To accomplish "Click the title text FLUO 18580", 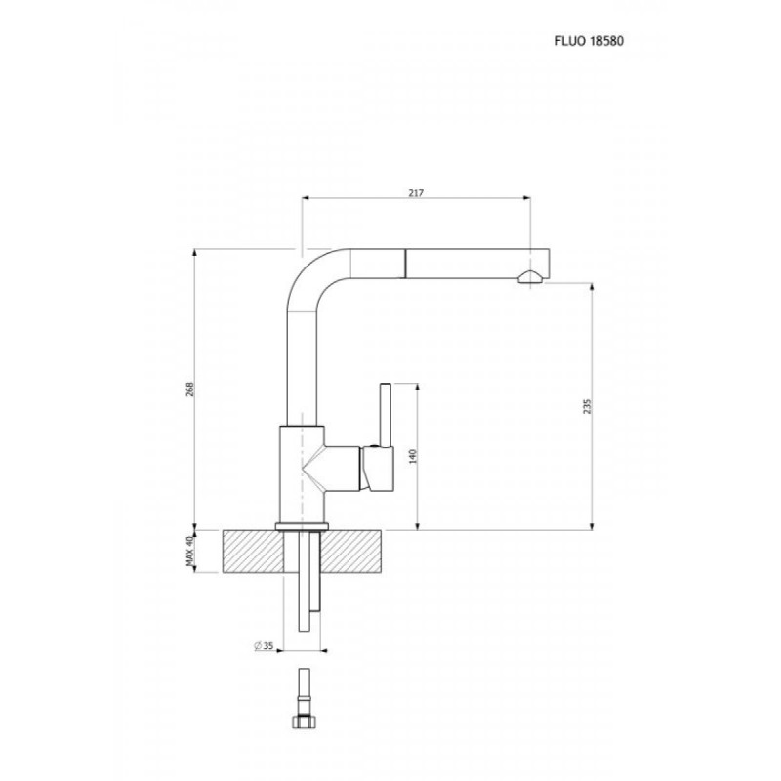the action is pyautogui.click(x=589, y=41).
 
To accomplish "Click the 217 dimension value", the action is pyautogui.click(x=416, y=192).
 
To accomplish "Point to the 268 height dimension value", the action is pyautogui.click(x=189, y=389).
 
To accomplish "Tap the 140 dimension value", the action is pyautogui.click(x=412, y=456).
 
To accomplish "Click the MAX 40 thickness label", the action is pyautogui.click(x=189, y=551).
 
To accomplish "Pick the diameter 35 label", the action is pyautogui.click(x=264, y=646).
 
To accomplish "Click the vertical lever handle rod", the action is pyautogui.click(x=385, y=415).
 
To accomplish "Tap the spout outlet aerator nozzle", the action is pyautogui.click(x=529, y=277).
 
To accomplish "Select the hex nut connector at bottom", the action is pyautogui.click(x=304, y=721).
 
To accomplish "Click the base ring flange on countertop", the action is pyautogui.click(x=302, y=527).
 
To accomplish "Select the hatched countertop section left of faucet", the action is pyautogui.click(x=253, y=552).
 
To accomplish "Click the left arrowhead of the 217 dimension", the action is pyautogui.click(x=306, y=198).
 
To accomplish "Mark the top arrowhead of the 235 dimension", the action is pyautogui.click(x=592, y=287).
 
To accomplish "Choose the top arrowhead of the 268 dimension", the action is pyautogui.click(x=194, y=253).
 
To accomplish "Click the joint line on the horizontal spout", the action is pyautogui.click(x=404, y=263).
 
